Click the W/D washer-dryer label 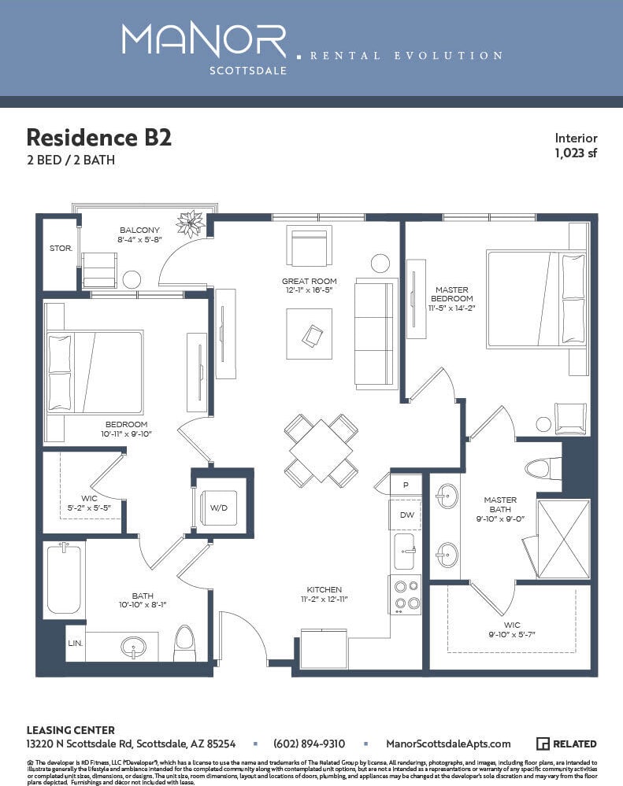[218, 507]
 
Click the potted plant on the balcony [191, 223]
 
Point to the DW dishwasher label [406, 515]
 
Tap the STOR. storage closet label [61, 248]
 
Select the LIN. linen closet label [75, 643]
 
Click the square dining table [321, 451]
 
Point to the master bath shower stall [563, 539]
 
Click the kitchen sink [405, 551]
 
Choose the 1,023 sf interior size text [575, 153]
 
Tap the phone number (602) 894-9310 [309, 744]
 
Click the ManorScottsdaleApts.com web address [448, 744]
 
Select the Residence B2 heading [99, 138]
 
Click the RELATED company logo [566, 744]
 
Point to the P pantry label [406, 485]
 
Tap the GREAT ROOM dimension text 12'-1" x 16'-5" [310, 291]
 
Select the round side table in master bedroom [543, 424]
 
